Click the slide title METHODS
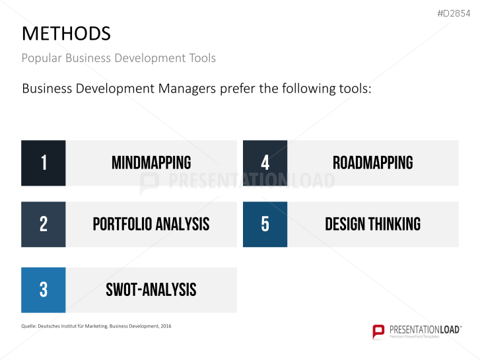[x=66, y=33]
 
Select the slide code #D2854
[x=455, y=13]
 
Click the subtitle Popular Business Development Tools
[x=118, y=58]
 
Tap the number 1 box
[x=44, y=163]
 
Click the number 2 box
[x=44, y=225]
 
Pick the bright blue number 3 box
[x=44, y=290]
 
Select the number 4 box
[x=265, y=163]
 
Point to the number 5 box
[x=265, y=225]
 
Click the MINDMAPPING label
[x=151, y=163]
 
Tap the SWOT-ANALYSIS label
[x=151, y=290]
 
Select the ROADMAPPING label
[x=373, y=163]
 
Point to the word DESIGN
[x=345, y=225]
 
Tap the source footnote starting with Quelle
[x=96, y=326]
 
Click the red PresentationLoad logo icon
[x=378, y=331]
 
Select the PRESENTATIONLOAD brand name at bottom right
[x=425, y=328]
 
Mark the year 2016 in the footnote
[x=165, y=326]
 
